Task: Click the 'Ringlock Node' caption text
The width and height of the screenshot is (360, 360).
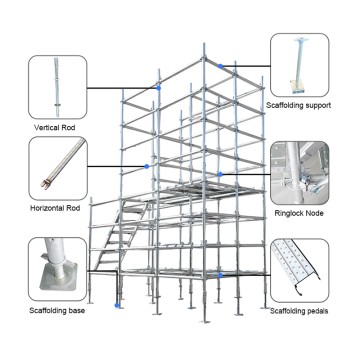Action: (302, 212)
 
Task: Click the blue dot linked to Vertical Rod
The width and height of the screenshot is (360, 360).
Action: (156, 88)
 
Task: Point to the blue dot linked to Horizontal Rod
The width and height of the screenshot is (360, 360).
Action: (147, 164)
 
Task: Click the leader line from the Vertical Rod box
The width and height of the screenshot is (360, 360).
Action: (120, 88)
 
